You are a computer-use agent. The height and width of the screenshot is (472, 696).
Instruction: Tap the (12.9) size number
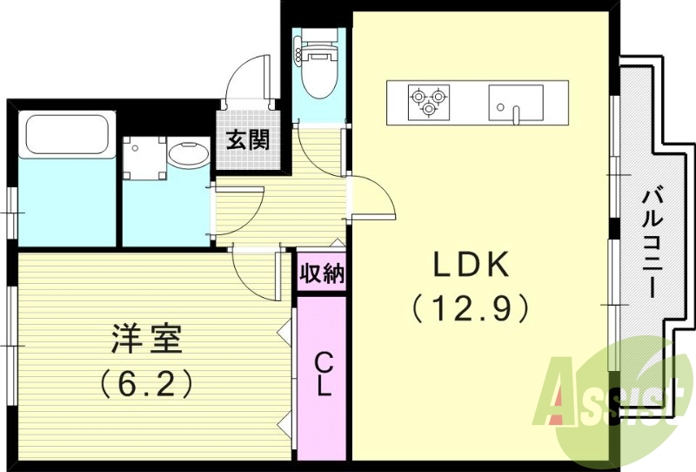pyautogui.click(x=471, y=307)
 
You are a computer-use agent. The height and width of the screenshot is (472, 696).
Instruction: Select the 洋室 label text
pyautogui.click(x=146, y=339)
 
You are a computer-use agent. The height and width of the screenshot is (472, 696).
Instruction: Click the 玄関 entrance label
pyautogui.click(x=248, y=139)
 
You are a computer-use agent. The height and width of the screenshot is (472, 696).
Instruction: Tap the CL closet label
pyautogui.click(x=323, y=374)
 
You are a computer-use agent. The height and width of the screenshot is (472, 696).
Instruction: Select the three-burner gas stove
pyautogui.click(x=429, y=101)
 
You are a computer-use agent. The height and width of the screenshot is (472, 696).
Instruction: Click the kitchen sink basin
pyautogui.click(x=515, y=101)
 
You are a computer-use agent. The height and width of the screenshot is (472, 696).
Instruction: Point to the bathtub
pyautogui.click(x=66, y=135)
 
